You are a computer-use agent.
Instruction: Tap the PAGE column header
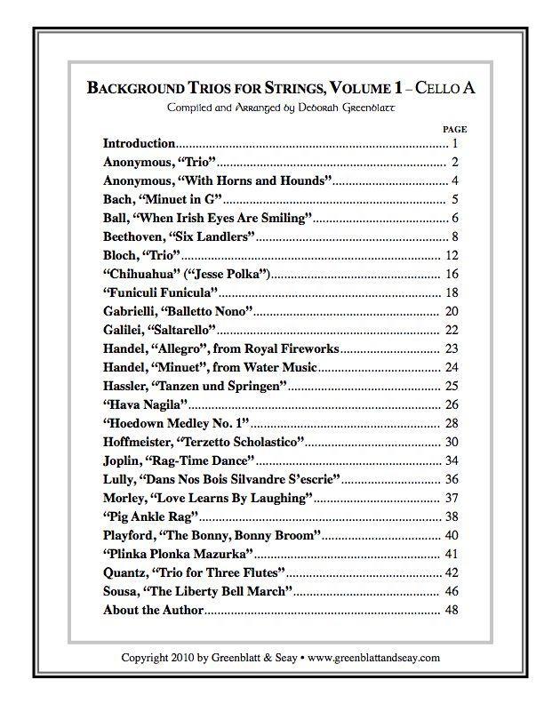[454, 129]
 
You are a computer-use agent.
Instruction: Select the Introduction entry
[140, 143]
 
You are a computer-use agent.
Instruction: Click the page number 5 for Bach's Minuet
[454, 199]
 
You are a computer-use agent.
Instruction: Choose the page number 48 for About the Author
[452, 610]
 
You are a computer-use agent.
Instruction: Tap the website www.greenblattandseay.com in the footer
[374, 658]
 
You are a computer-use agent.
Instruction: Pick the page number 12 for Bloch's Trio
[452, 255]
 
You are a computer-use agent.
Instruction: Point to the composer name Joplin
[123, 460]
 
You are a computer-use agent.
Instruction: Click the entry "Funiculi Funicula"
[161, 292]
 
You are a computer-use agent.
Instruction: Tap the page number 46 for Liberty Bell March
[452, 591]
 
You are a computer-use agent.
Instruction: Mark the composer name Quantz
[125, 572]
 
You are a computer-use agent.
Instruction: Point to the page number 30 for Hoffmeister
[452, 442]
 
